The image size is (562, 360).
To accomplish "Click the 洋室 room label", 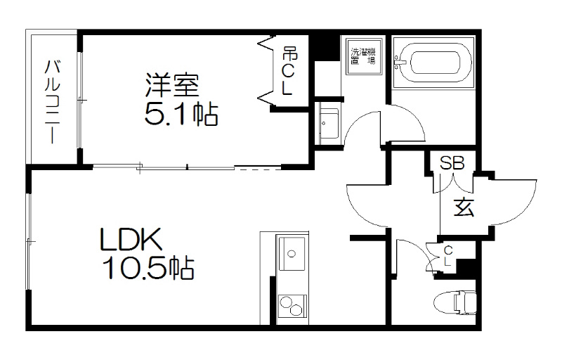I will pyautogui.click(x=173, y=84).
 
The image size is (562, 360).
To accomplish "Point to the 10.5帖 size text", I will pyautogui.click(x=147, y=268).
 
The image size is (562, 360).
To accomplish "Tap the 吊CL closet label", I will pyautogui.click(x=288, y=70).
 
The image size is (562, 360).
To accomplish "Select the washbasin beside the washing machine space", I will pyautogui.click(x=327, y=123).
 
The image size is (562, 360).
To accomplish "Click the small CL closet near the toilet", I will pyautogui.click(x=447, y=256).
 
